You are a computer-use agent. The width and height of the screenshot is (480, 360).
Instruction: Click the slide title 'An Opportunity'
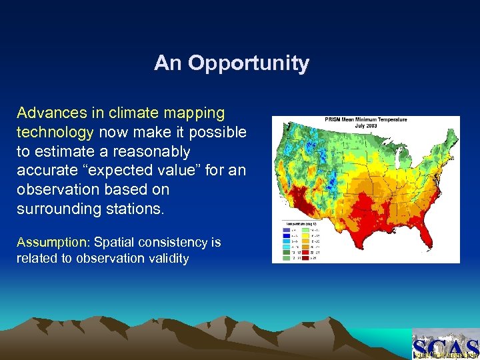231,63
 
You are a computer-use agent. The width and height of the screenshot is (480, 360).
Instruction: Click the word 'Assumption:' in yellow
45,242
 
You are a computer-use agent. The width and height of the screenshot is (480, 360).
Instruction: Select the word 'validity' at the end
167,258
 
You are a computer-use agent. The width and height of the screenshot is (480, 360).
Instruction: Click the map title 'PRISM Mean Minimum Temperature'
365,120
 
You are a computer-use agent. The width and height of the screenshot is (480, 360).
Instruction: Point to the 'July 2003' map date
365,125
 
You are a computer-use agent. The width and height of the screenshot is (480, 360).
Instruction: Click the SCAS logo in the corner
445,345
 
